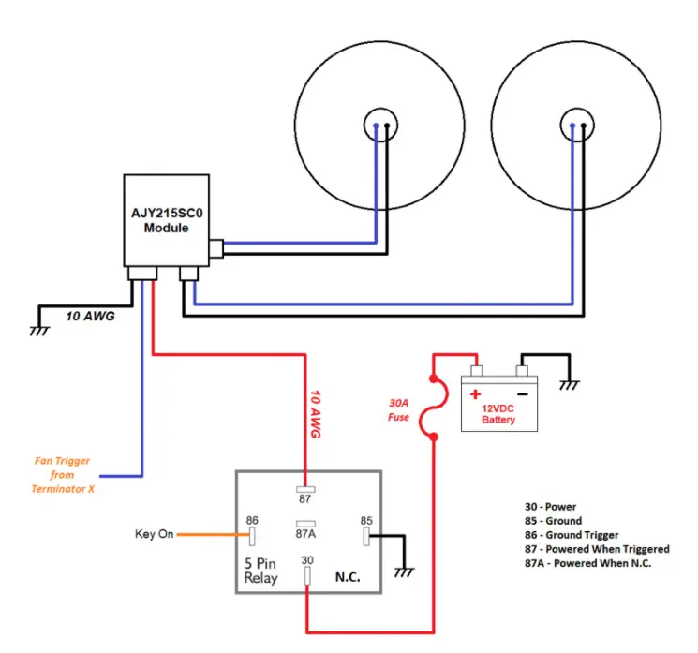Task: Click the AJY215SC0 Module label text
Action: [x=167, y=220]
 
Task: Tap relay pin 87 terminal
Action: [x=305, y=489]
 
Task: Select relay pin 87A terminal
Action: [x=305, y=524]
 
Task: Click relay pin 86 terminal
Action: [x=252, y=537]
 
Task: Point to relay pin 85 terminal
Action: [x=366, y=537]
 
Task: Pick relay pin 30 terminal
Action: [x=307, y=576]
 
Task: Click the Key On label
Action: [x=154, y=534]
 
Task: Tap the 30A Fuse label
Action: [x=398, y=410]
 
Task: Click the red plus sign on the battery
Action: [x=475, y=394]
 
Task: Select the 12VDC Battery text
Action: [x=498, y=414]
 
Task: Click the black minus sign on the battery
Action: [x=523, y=394]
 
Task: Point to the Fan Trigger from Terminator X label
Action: [x=63, y=474]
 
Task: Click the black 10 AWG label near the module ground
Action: [x=90, y=316]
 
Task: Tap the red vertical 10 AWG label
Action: [x=315, y=414]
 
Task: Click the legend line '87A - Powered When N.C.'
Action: [x=588, y=563]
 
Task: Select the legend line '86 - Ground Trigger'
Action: [x=572, y=535]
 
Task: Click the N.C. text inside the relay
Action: [x=348, y=577]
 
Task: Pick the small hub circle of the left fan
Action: [x=380, y=126]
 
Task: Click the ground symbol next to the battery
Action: [x=570, y=385]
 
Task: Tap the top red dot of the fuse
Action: [x=434, y=378]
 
